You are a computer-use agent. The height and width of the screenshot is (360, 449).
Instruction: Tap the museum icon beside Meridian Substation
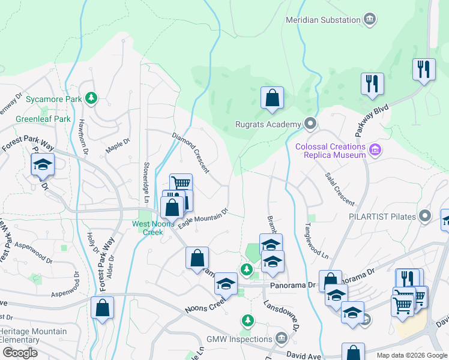(x=371, y=20)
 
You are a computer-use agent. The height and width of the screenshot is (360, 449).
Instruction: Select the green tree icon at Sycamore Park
(x=91, y=98)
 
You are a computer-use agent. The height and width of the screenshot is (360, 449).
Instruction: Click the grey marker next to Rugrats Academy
(x=310, y=124)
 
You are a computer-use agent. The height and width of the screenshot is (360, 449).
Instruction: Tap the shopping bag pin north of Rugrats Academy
(x=272, y=97)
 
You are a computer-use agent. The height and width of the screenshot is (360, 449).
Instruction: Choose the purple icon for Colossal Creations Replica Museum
(x=375, y=149)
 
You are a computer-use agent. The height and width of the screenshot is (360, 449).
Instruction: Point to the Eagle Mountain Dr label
(x=203, y=218)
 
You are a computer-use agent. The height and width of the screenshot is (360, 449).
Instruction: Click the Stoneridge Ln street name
(x=146, y=179)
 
